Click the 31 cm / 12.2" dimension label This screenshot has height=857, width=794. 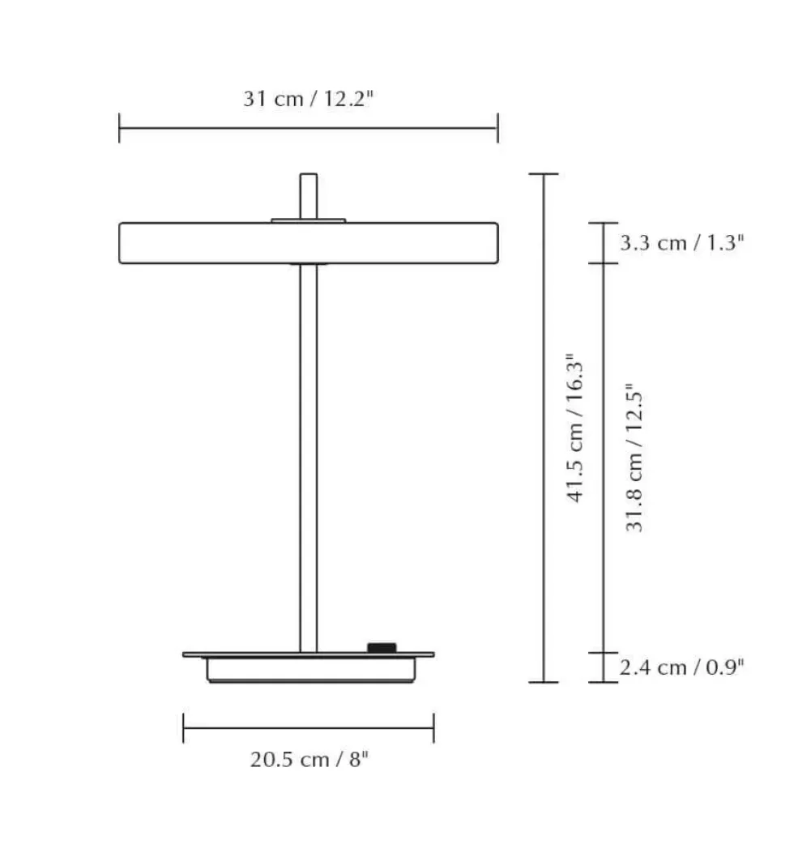308,99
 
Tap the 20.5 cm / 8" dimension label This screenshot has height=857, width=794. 309,759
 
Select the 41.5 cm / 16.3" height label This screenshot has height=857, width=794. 576,428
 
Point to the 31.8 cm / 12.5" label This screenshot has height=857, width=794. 634,458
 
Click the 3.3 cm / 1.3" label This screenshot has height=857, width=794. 682,243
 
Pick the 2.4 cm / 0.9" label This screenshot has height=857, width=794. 682,667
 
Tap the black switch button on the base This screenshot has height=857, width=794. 382,648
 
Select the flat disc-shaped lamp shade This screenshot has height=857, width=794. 309,243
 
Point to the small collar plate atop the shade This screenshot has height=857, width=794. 309,220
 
